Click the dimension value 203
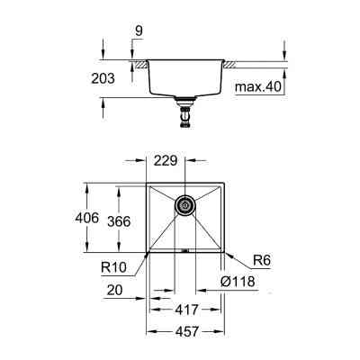(103, 79)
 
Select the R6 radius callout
(262, 260)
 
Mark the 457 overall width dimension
(184, 330)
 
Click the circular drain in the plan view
(184, 206)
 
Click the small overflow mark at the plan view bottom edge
(184, 249)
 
